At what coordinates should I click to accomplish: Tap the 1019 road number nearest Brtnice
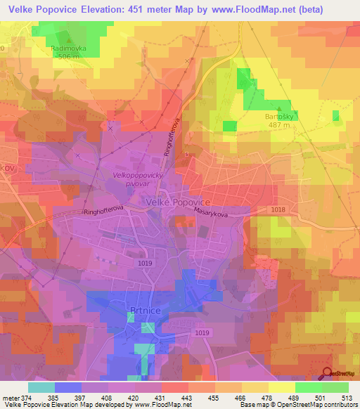tap(202, 332)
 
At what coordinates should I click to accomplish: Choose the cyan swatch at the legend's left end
tap(41, 387)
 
